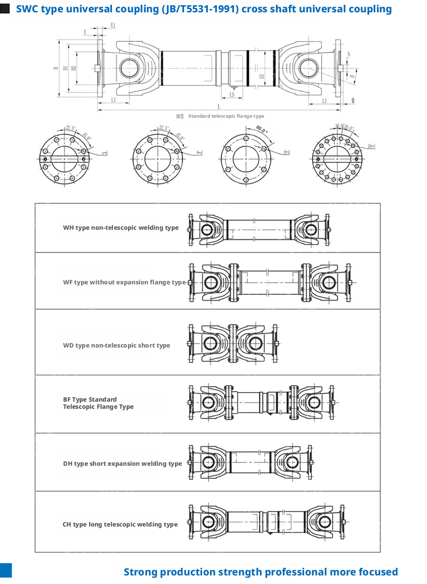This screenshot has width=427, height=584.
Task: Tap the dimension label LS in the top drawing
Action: pyautogui.click(x=232, y=94)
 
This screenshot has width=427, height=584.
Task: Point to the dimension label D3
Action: pyautogui.click(x=261, y=76)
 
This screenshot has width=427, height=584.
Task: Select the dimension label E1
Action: pyautogui.click(x=112, y=25)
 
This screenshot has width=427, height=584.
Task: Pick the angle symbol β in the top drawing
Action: pyautogui.click(x=353, y=75)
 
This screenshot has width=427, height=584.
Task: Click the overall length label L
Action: pyautogui.click(x=218, y=106)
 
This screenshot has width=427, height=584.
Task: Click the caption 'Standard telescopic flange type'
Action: pyautogui.click(x=226, y=116)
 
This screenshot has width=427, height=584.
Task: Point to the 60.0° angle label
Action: pyautogui.click(x=262, y=129)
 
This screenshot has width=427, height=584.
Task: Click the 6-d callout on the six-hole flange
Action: pyautogui.click(x=287, y=152)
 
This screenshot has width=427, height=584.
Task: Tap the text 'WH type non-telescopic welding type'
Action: pyautogui.click(x=121, y=228)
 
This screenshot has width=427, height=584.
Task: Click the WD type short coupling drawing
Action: pyautogui.click(x=233, y=344)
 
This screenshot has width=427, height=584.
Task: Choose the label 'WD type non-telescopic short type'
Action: pyautogui.click(x=116, y=345)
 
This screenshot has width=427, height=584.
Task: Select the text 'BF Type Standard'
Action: pyautogui.click(x=90, y=399)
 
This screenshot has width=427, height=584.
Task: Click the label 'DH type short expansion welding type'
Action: pyautogui.click(x=122, y=463)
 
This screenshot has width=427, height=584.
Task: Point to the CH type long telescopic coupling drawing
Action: pyautogui.click(x=267, y=521)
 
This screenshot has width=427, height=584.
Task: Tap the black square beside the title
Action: pyautogui.click(x=5, y=9)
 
